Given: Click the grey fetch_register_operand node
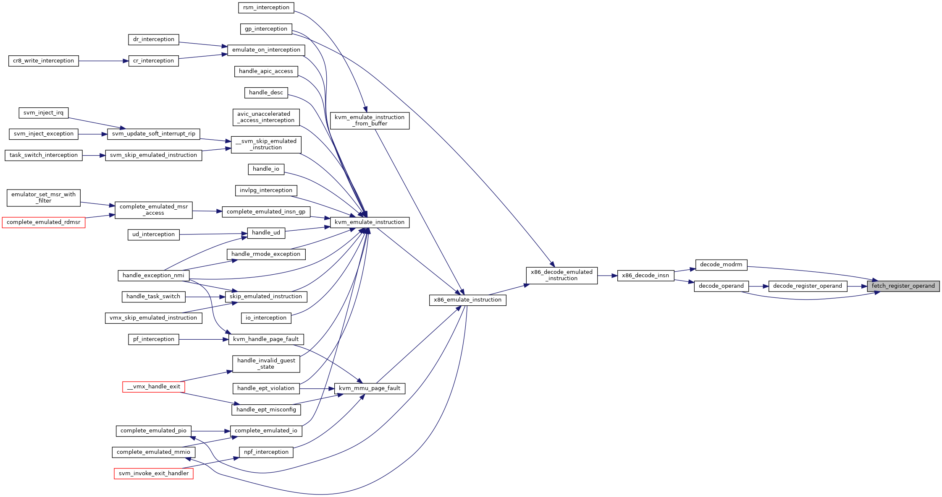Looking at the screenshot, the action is (x=903, y=286).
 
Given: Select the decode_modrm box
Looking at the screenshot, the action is (x=721, y=265).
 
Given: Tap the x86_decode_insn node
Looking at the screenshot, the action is (x=645, y=276).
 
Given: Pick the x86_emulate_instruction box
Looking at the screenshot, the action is (x=467, y=300).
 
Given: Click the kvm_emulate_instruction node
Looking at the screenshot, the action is (x=370, y=222).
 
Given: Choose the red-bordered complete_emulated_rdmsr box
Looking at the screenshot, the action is (x=44, y=222).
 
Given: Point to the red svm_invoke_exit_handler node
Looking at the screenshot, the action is (x=154, y=474).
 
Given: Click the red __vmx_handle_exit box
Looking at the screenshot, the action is (x=154, y=387).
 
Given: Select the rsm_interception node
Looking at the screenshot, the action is (x=266, y=8).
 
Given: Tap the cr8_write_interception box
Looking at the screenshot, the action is (x=43, y=61).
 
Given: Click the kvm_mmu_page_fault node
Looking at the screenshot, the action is (x=370, y=388).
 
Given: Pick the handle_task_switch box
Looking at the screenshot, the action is (x=153, y=297).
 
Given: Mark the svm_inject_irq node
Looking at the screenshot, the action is (x=43, y=113).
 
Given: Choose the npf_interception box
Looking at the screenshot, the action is (x=266, y=452).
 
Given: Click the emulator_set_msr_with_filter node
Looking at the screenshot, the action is (x=44, y=198).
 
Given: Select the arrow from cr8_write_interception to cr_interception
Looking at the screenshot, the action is (x=103, y=61).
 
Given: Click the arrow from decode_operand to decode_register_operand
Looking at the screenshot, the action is (x=758, y=286).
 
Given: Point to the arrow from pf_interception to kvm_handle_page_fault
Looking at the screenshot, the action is (x=204, y=339).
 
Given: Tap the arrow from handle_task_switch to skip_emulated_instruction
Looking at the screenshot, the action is (x=205, y=297).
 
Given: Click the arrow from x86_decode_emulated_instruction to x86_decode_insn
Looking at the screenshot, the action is (x=607, y=276).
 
